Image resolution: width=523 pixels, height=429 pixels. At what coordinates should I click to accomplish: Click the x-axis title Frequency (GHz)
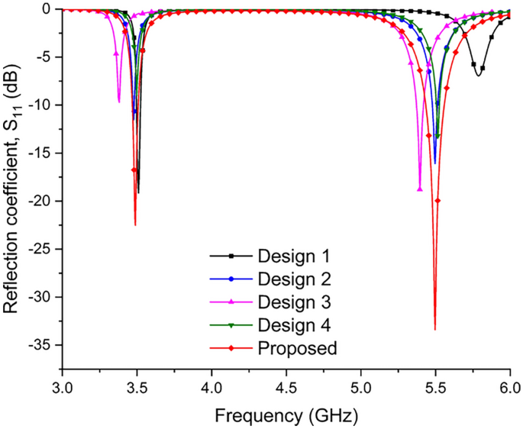[x=285, y=417]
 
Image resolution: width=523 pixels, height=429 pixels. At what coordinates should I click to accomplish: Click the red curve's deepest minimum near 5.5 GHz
[x=435, y=329]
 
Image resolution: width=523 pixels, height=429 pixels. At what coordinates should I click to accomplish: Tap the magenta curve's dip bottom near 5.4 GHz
[x=420, y=189]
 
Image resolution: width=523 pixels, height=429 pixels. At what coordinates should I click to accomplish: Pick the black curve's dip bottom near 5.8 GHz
[x=478, y=75]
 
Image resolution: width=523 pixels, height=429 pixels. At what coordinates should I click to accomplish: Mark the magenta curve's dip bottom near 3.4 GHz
[x=119, y=102]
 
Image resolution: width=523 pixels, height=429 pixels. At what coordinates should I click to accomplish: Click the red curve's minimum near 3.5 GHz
[x=135, y=224]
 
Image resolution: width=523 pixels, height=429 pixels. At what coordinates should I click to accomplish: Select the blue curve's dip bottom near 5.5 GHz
[x=435, y=163]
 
